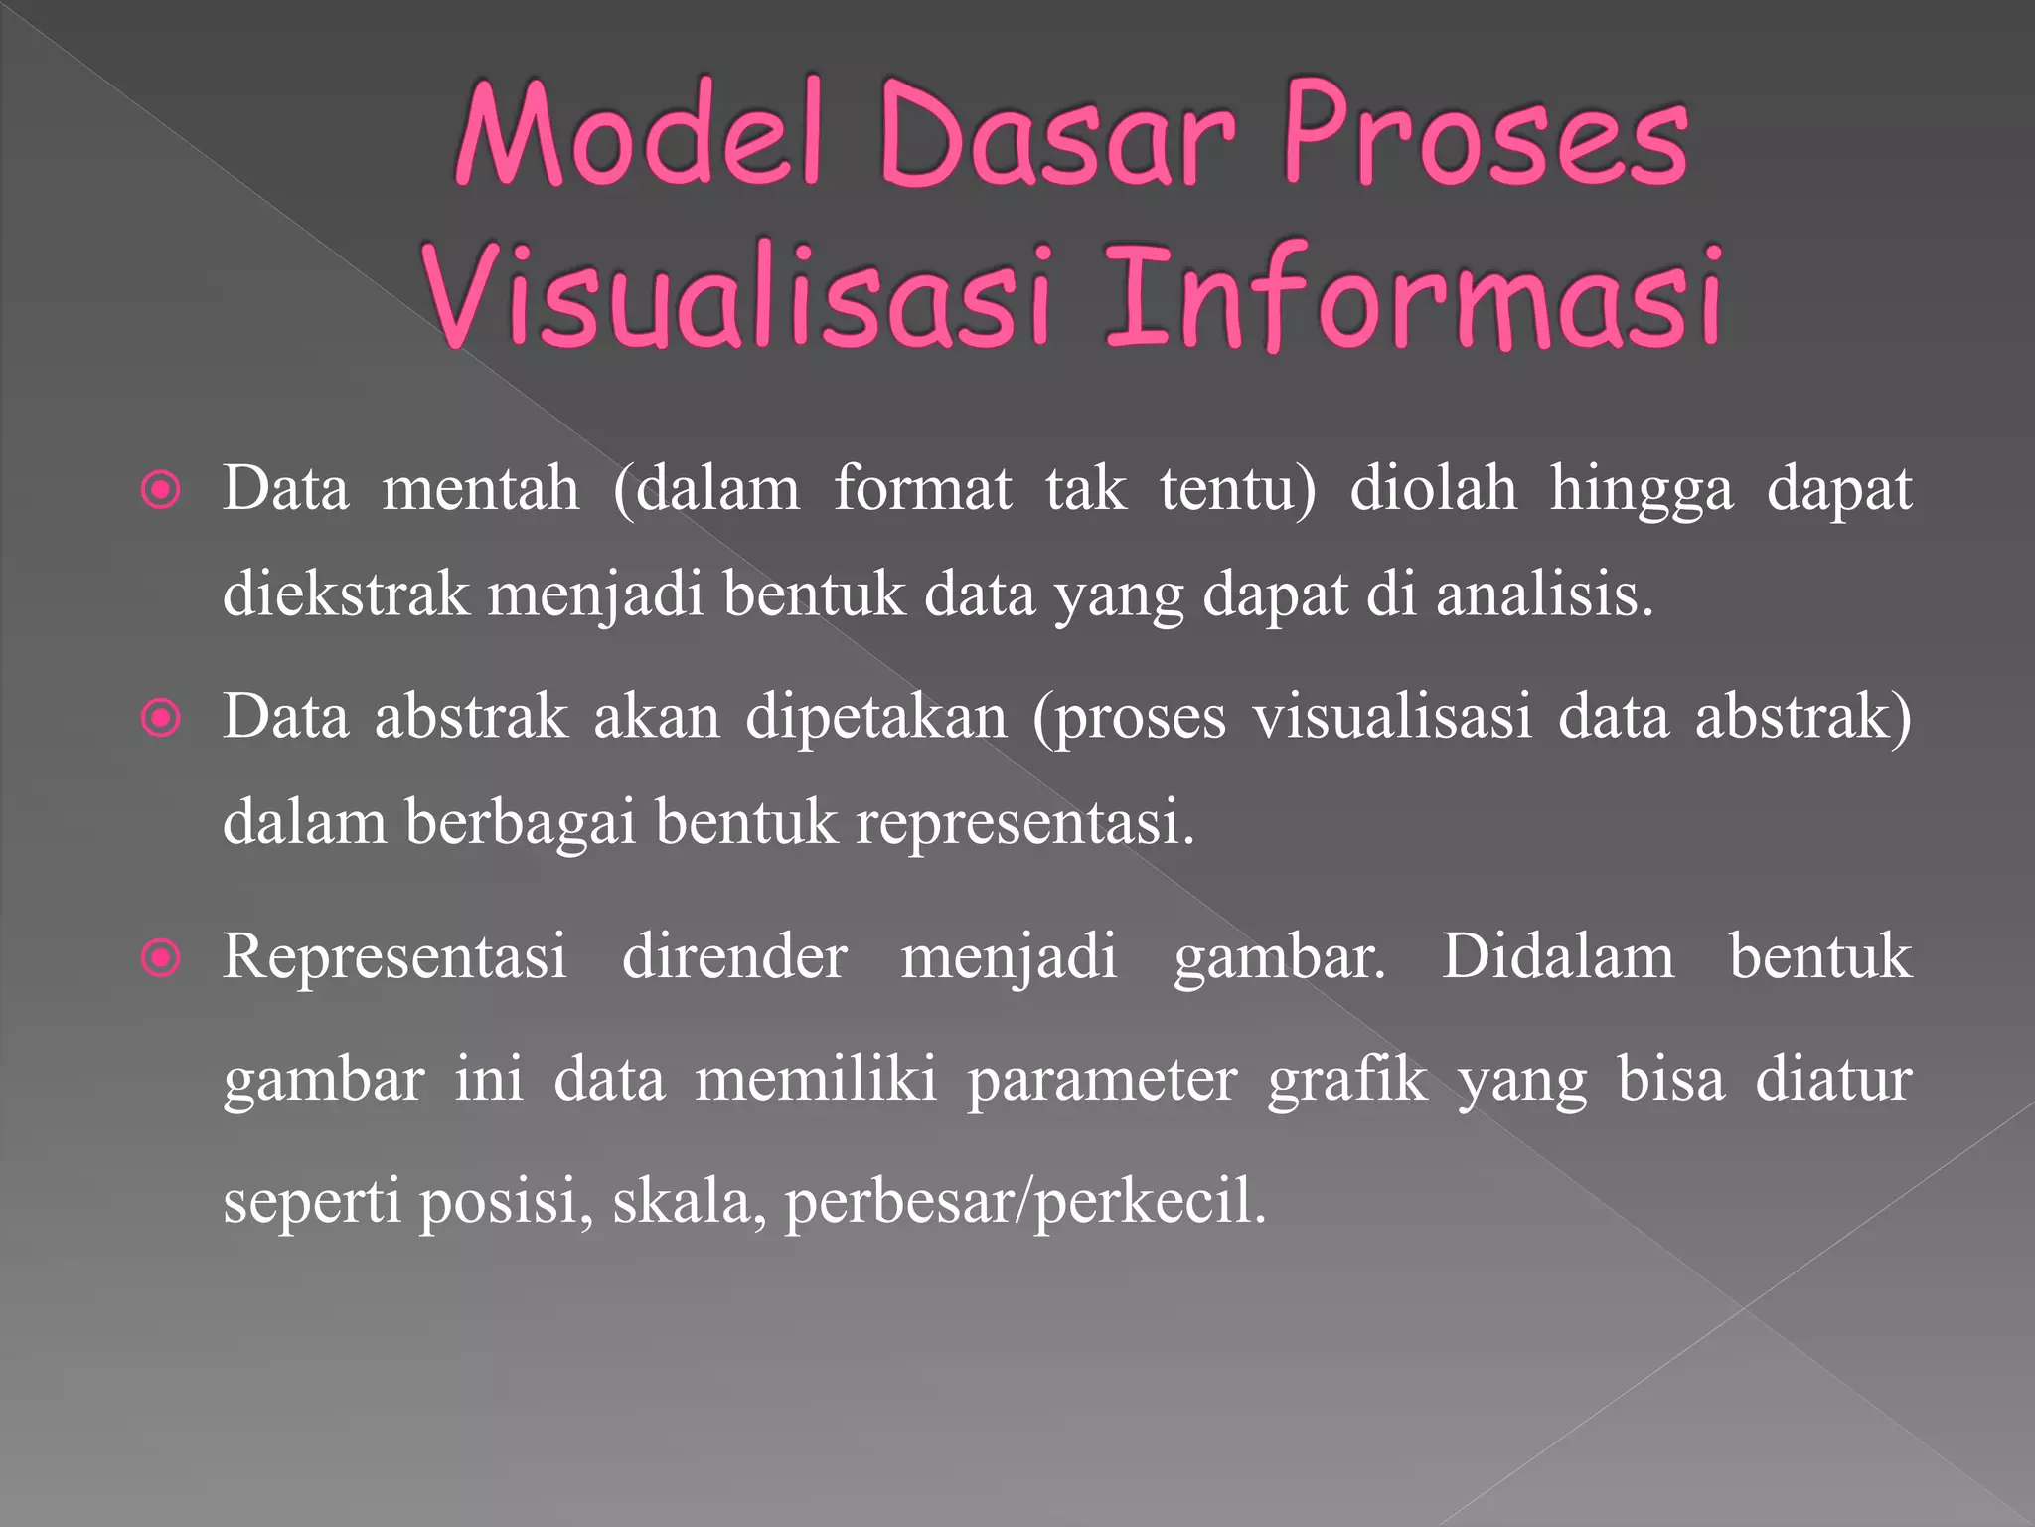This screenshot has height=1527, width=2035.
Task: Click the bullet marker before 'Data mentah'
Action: coord(161,490)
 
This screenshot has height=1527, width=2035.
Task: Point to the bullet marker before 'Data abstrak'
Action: coord(161,718)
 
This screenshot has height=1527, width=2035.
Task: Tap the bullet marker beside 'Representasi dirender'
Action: coord(161,958)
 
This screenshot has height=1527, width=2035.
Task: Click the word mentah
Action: coord(481,489)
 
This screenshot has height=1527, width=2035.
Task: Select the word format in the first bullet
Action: coord(922,489)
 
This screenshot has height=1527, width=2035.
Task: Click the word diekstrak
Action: coord(345,594)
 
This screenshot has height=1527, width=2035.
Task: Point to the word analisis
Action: coord(1544,594)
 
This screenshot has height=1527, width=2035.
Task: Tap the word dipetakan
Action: coord(876,718)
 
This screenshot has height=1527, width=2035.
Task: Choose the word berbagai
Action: coord(520,824)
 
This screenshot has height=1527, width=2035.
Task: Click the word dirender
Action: coord(734,957)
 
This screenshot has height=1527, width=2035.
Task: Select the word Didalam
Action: coord(1557,957)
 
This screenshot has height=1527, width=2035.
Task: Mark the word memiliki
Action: coord(816,1080)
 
